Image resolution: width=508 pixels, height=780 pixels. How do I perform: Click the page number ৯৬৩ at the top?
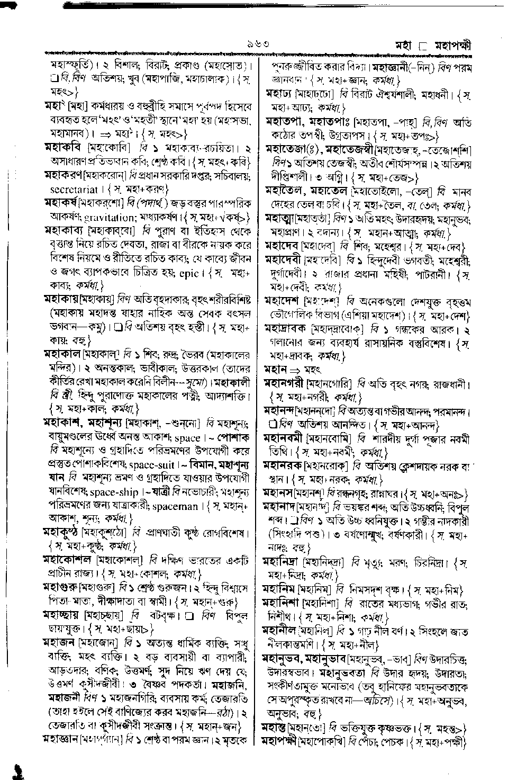tap(258, 44)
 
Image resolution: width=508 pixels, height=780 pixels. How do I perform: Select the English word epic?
tap(189, 273)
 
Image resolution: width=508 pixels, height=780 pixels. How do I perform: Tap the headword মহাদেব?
tap(282, 246)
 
